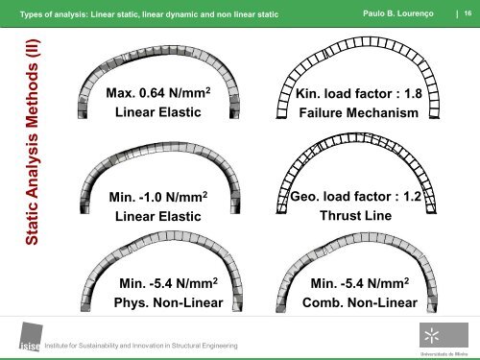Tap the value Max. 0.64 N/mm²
click(x=158, y=95)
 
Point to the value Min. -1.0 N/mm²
click(x=158, y=199)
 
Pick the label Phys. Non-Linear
click(x=168, y=303)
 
